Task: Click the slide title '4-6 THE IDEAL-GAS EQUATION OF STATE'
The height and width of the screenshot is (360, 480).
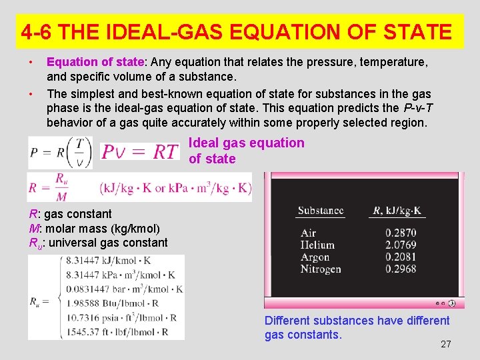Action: [x=236, y=31]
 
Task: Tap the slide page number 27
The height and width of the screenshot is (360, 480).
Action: [x=446, y=344]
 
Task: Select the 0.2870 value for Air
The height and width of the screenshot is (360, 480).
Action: [x=400, y=233]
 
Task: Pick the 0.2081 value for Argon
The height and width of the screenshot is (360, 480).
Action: [x=400, y=257]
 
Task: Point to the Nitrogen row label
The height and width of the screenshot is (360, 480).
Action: [x=321, y=269]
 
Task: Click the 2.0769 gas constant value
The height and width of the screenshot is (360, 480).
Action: [x=400, y=245]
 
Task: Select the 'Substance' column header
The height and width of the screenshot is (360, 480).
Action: [x=321, y=211]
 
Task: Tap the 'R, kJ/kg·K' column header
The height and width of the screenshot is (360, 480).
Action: [x=397, y=211]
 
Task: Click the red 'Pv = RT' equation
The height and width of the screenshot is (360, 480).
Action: [x=140, y=152]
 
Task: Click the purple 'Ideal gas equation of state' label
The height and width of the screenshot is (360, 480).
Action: [x=246, y=151]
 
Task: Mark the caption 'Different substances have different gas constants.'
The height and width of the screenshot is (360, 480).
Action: [x=357, y=327]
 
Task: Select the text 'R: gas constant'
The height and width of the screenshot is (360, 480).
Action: [x=70, y=213]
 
